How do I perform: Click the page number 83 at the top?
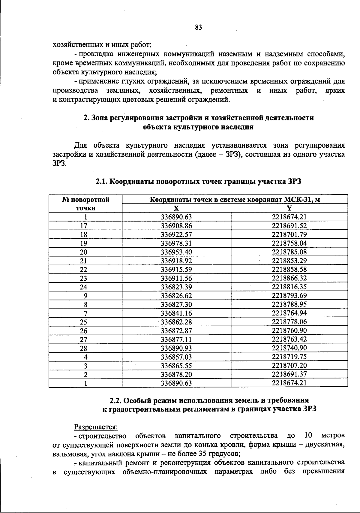pos(198,28)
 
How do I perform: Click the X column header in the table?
pos(176,208)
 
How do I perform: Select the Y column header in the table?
pos(289,208)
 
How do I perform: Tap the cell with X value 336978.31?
pos(176,243)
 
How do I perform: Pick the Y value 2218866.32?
pos(289,278)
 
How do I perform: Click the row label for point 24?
pos(85,287)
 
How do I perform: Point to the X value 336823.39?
pos(176,287)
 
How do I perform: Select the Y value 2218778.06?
pos(289,322)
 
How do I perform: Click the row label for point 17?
pos(85,226)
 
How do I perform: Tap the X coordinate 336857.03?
pos(176,357)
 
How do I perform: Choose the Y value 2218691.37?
pos(289,374)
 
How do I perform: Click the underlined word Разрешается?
pos(96,427)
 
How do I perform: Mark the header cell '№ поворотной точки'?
pos(85,204)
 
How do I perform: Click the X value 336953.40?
pos(176,252)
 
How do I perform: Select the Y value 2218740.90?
pos(289,348)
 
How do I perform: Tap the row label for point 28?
pos(85,348)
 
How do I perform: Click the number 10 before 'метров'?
pos(308,435)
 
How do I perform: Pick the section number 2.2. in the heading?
pos(116,400)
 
